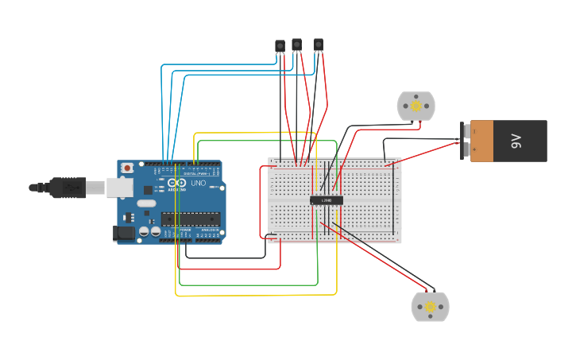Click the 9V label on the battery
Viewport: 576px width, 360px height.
[x=516, y=141]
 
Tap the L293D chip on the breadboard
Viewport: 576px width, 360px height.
[x=327, y=200]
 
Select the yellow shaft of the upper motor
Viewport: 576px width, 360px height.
[x=416, y=105]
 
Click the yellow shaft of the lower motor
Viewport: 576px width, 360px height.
[x=430, y=307]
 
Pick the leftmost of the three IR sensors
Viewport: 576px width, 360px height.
[x=280, y=46]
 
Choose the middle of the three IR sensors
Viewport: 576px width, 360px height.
[x=296, y=45]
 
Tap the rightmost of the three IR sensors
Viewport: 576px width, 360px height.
[x=318, y=45]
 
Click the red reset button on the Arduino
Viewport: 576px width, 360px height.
[x=127, y=168]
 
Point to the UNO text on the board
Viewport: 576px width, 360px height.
[x=198, y=184]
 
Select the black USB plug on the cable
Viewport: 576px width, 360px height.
[x=68, y=188]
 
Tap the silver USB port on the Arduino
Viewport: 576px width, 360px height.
[x=119, y=187]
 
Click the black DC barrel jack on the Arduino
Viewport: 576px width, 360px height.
[x=125, y=232]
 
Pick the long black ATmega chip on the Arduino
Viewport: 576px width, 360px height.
[x=191, y=219]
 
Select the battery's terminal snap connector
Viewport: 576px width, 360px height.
[x=465, y=141]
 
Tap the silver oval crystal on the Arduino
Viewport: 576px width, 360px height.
[x=146, y=203]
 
